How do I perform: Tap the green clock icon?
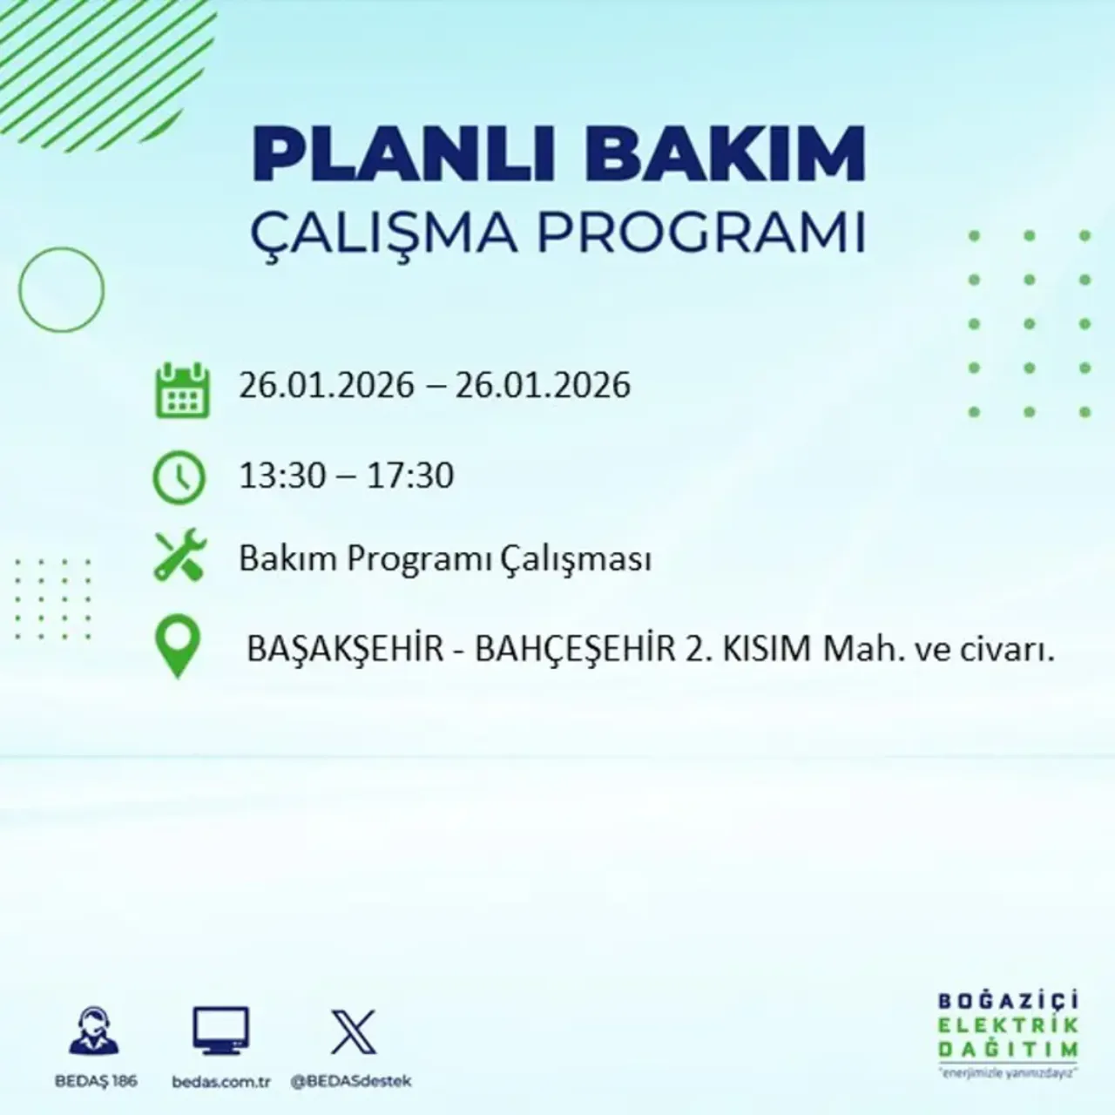click(x=179, y=478)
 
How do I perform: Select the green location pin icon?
click(x=178, y=646)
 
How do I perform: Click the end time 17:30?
click(x=410, y=476)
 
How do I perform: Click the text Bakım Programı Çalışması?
click(x=445, y=559)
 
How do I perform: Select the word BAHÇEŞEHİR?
click(x=574, y=649)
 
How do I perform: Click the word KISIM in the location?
click(x=767, y=649)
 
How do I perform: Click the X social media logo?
click(x=354, y=1032)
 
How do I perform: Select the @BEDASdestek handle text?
click(x=350, y=1081)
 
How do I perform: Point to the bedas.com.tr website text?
click(x=221, y=1081)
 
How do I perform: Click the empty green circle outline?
click(x=61, y=289)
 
